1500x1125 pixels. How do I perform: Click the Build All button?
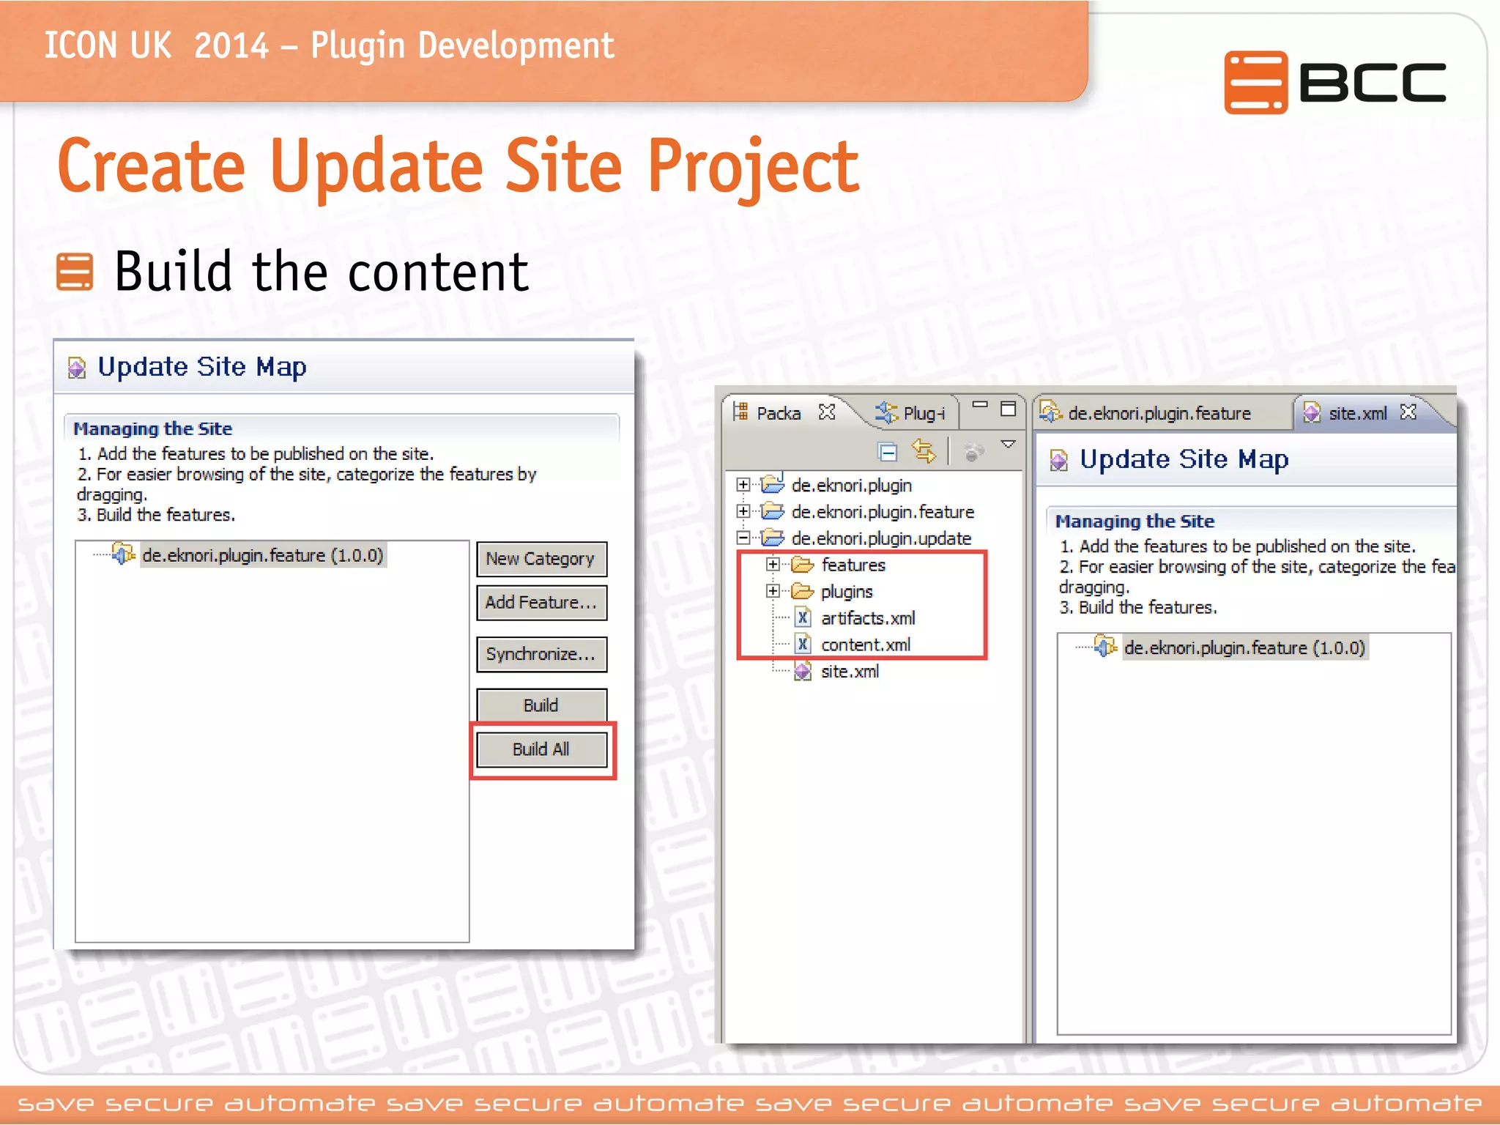pos(541,749)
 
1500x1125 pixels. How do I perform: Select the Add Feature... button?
pos(541,603)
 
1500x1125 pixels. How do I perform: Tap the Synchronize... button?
pos(541,654)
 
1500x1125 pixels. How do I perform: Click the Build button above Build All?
pos(541,705)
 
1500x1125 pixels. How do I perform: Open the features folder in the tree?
pos(853,565)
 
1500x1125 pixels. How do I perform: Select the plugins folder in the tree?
pos(847,591)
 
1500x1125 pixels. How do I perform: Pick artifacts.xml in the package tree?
pos(867,618)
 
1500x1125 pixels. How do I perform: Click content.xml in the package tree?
pos(865,645)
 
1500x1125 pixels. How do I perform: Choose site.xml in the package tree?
pos(850,671)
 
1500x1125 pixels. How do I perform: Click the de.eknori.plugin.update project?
pos(881,538)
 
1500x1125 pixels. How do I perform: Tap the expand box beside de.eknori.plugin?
pos(743,485)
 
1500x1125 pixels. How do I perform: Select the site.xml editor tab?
pos(1357,413)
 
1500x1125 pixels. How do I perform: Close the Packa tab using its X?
pos(827,412)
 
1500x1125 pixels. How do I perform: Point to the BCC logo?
pos(1334,82)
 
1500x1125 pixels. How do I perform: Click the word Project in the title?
pos(753,168)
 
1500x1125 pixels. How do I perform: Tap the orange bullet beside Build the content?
pos(75,272)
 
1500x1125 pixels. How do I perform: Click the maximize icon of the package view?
pos(1009,408)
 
